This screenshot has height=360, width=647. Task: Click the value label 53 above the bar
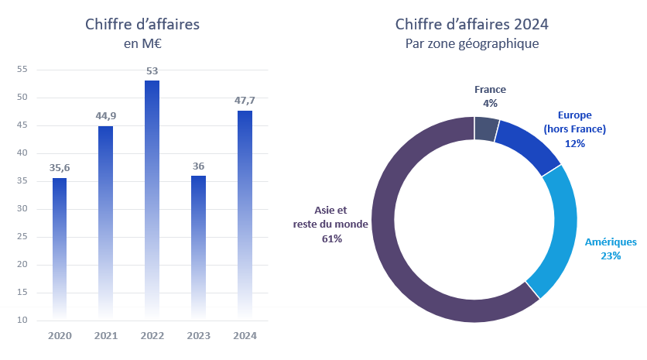(152, 71)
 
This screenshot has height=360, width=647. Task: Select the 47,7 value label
(245, 101)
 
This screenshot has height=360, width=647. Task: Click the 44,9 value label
(106, 116)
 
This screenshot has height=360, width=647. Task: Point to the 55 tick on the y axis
(22, 70)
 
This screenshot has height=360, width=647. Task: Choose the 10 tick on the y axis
(22, 320)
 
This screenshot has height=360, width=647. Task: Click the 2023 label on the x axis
(198, 336)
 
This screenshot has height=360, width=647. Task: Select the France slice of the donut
(487, 129)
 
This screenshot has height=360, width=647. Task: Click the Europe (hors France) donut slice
(528, 145)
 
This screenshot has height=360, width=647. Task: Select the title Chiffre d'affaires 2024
(472, 26)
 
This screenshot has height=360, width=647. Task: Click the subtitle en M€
(142, 44)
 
